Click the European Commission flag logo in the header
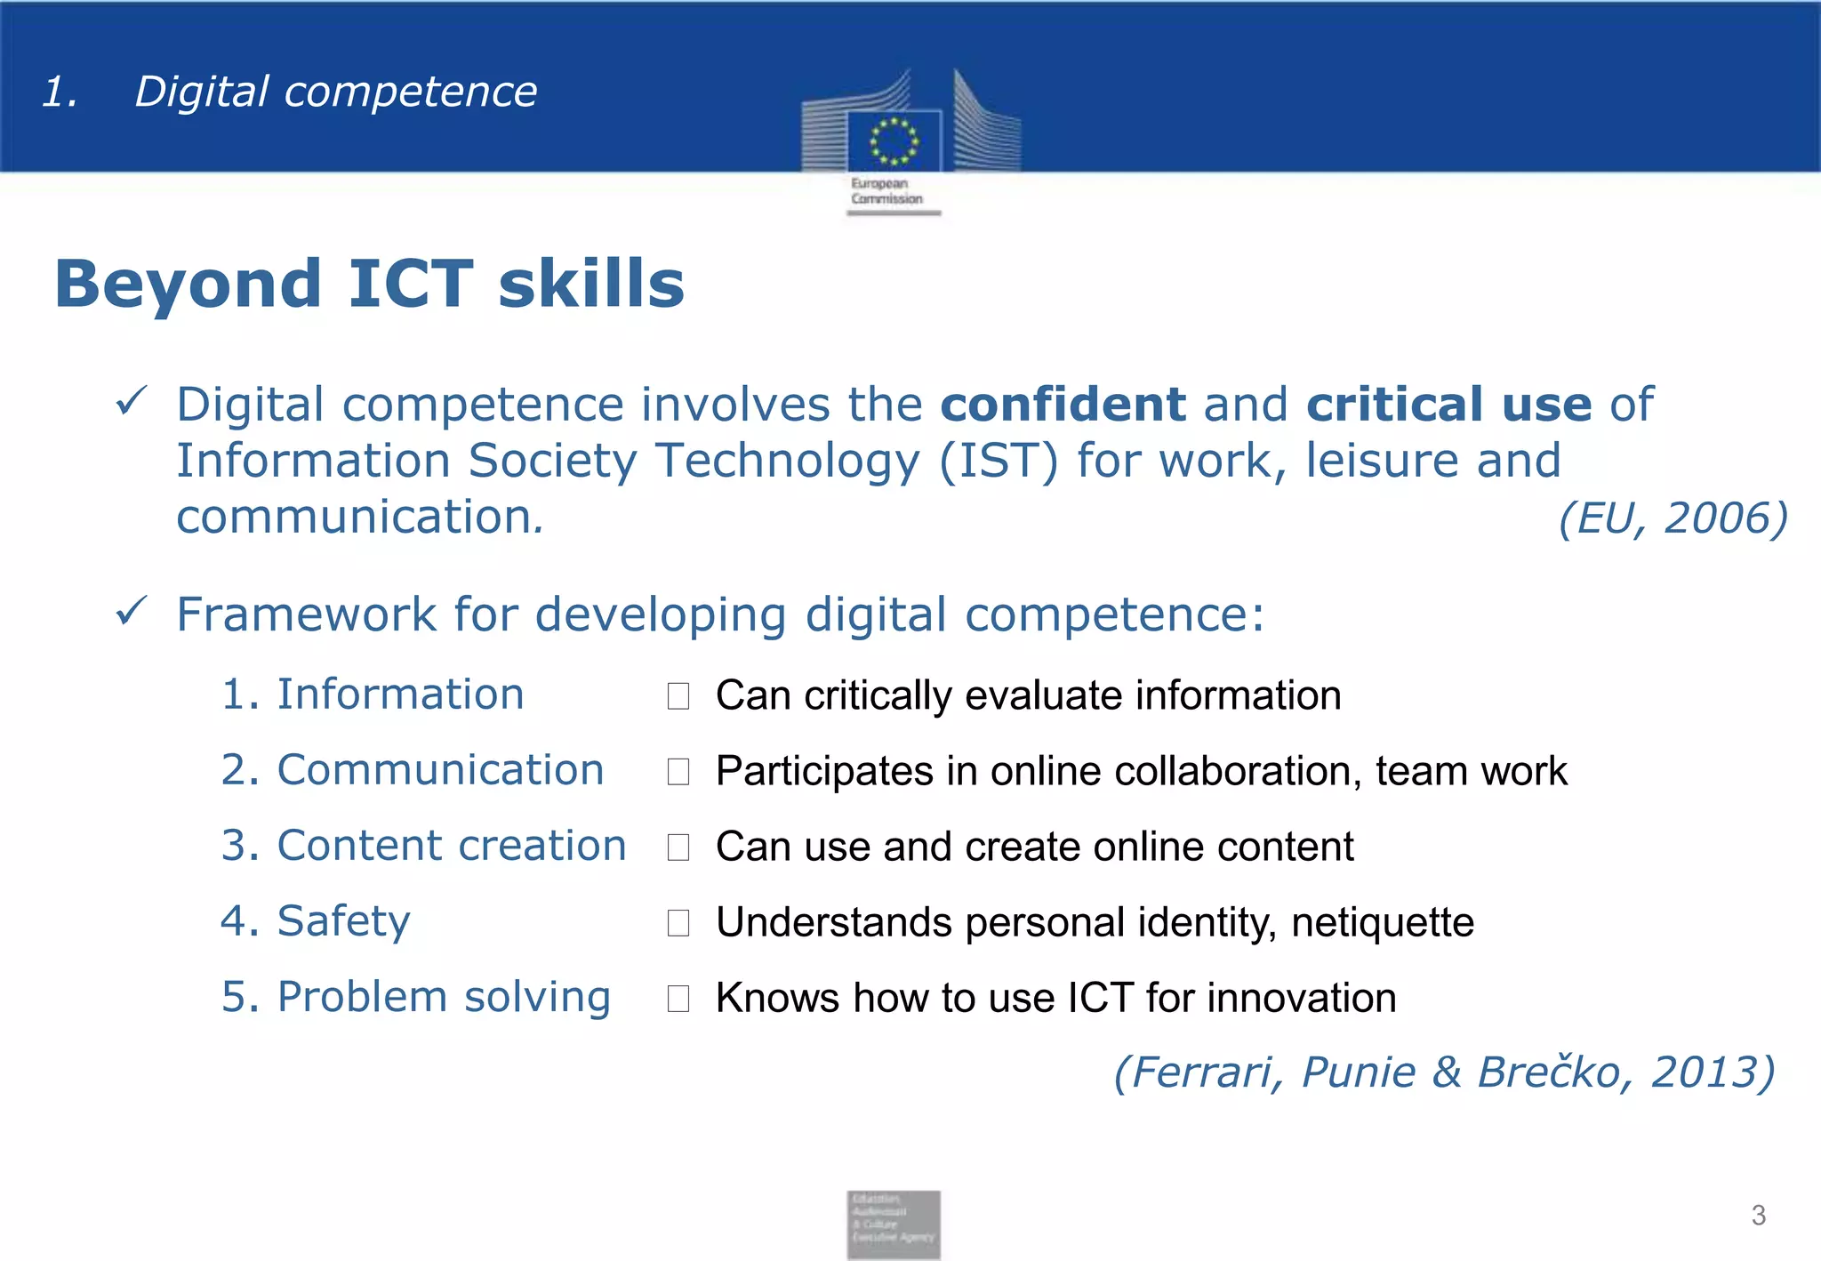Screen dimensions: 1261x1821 click(x=894, y=141)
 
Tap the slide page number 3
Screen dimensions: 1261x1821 click(x=1758, y=1215)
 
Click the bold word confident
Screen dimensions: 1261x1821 click(x=1063, y=405)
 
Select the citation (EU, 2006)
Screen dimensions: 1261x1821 click(x=1673, y=518)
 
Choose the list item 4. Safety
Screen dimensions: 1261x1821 click(x=316, y=920)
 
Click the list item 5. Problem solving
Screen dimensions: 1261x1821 click(x=415, y=996)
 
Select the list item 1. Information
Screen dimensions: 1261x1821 click(x=373, y=694)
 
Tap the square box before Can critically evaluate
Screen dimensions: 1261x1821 click(x=678, y=695)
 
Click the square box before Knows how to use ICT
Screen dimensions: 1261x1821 click(x=678, y=998)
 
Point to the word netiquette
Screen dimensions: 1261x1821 click(x=1383, y=922)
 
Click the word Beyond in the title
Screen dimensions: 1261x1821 click(x=188, y=284)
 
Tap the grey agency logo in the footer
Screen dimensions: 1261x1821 click(x=893, y=1224)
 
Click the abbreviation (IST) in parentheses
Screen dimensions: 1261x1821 click(x=999, y=462)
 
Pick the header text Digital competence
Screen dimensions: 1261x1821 click(x=335, y=92)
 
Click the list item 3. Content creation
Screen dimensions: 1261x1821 click(x=423, y=845)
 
